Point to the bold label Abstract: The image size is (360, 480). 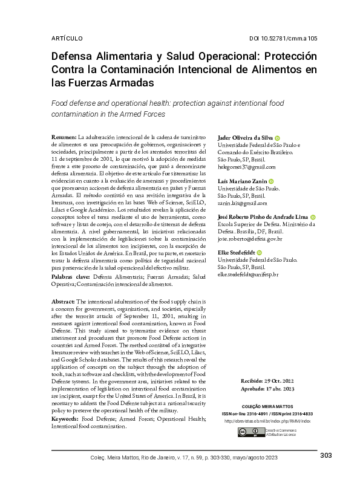tap(64, 301)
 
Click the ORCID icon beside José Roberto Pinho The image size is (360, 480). tap(313, 217)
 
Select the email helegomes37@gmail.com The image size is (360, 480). tap(246, 167)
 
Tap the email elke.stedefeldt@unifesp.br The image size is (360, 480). tap(247, 274)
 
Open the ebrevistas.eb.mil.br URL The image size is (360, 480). tap(267, 420)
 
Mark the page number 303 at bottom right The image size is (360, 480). tap(326, 455)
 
